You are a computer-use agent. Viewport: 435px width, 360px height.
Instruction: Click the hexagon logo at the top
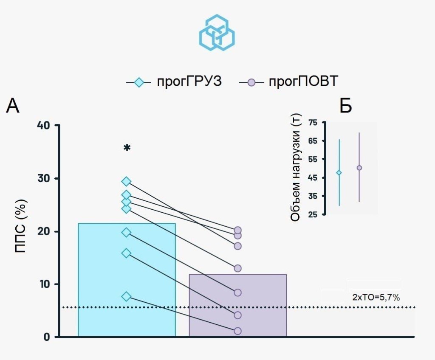coord(217,32)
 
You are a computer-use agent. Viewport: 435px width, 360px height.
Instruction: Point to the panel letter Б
coord(346,106)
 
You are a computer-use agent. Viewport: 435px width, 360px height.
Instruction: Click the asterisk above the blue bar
coord(127,148)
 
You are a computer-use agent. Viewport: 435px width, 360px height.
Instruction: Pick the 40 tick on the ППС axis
coord(44,126)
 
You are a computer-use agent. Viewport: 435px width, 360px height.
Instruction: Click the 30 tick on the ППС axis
coord(44,178)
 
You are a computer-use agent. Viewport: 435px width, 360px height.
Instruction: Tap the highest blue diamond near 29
coord(126,182)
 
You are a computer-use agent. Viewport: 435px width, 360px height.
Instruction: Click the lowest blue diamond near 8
coord(126,296)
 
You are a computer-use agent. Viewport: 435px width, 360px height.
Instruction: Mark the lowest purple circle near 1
coord(237,331)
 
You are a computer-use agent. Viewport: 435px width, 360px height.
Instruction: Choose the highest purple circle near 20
coord(237,231)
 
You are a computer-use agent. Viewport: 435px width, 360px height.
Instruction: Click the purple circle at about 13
coord(237,268)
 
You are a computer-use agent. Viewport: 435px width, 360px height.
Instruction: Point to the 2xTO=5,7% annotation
coord(376,298)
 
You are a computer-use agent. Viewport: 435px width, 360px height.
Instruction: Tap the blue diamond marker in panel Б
coord(339,172)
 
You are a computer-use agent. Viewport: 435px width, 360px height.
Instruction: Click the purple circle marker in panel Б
coord(359,168)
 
